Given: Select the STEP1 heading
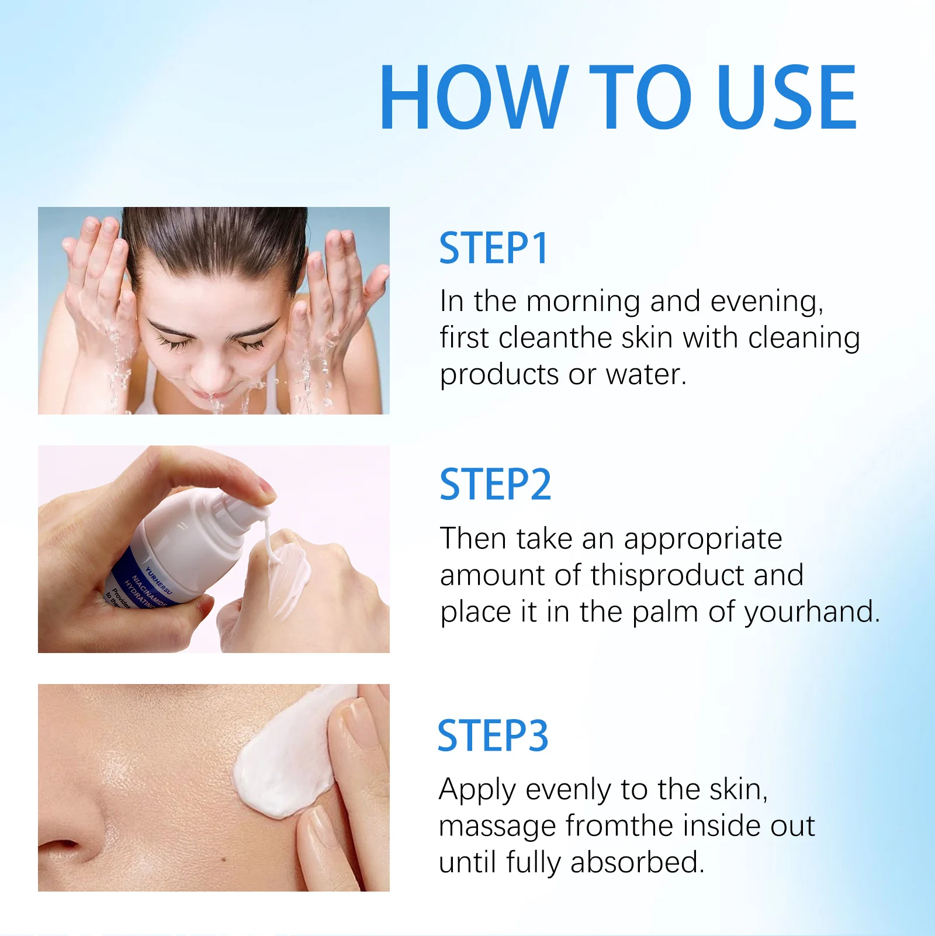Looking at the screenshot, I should tap(493, 248).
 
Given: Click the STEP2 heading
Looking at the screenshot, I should tap(495, 485).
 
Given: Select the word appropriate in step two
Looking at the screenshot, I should tap(702, 539).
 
